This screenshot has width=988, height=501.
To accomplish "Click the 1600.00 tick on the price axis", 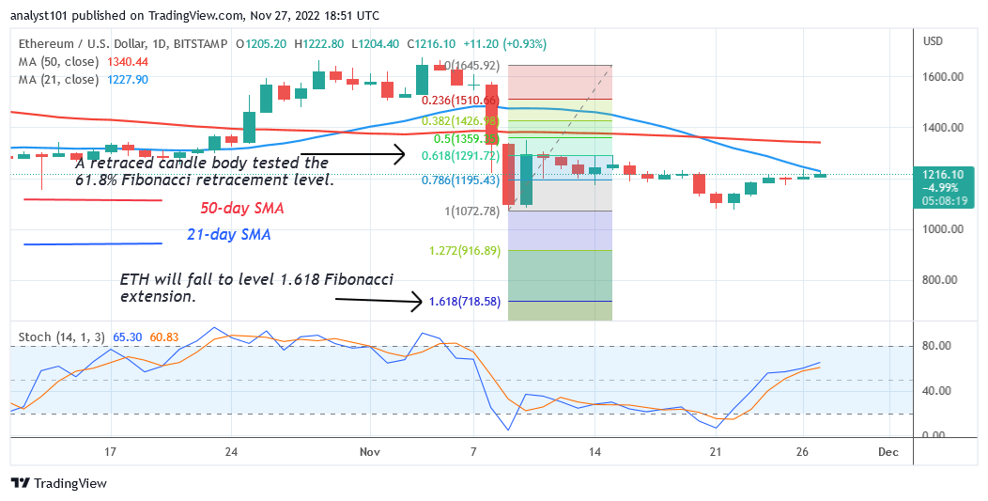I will tap(942, 77).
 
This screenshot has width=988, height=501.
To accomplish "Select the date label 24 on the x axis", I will tap(231, 452).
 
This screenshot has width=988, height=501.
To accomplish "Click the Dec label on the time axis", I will tap(888, 452).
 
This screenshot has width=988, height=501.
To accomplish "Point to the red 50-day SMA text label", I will tap(242, 208).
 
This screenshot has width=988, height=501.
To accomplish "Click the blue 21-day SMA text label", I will tap(229, 235).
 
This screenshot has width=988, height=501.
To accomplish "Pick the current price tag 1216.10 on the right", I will tap(944, 175).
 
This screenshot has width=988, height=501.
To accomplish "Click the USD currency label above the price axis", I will tap(933, 41).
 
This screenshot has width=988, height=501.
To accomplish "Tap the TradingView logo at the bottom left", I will tap(59, 483).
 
